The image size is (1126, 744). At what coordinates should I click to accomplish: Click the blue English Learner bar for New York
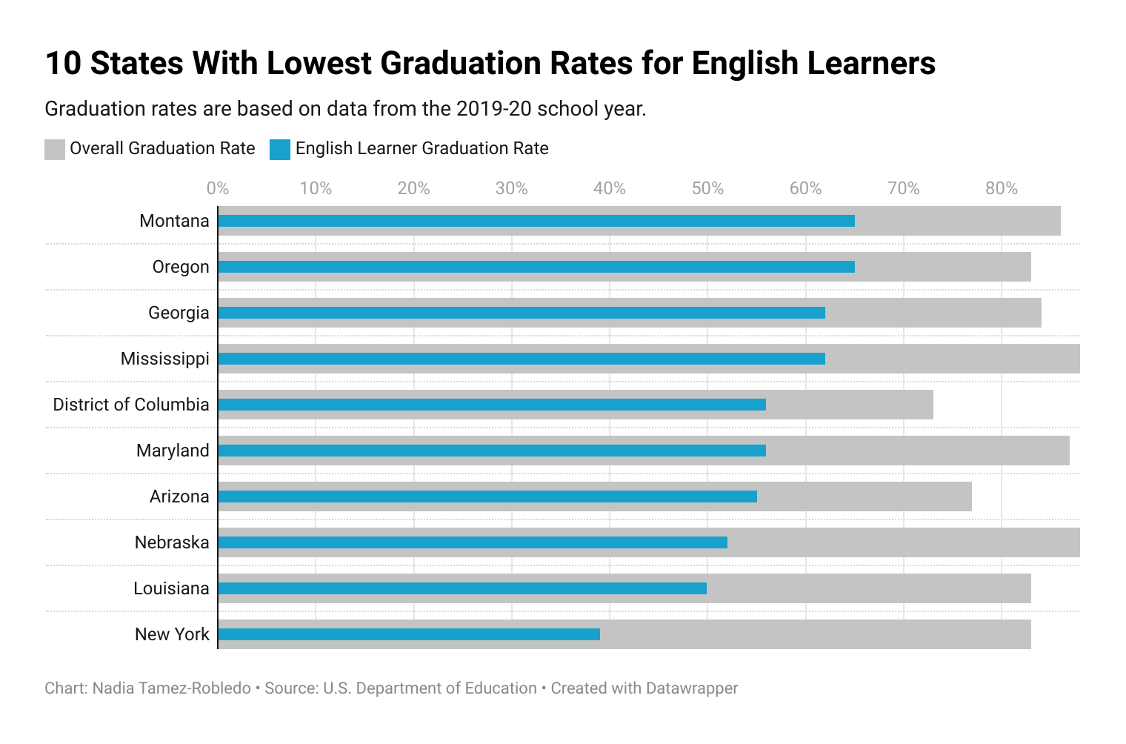[x=409, y=634]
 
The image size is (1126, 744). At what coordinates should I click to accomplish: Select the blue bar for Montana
[x=536, y=221]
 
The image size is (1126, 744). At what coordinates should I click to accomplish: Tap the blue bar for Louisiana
[x=462, y=588]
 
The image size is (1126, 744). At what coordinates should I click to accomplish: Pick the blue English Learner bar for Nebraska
[x=473, y=542]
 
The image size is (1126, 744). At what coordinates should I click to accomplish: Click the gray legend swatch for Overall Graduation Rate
[x=55, y=149]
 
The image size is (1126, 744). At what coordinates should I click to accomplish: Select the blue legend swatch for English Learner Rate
[x=280, y=149]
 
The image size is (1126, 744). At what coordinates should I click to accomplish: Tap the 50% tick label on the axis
[x=707, y=188]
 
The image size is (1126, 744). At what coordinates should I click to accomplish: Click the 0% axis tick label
[x=218, y=188]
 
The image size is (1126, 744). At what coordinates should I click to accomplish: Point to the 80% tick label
[x=1002, y=188]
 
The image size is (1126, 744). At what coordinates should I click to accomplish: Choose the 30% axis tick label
[x=511, y=188]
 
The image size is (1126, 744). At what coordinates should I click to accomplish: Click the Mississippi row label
[x=165, y=359]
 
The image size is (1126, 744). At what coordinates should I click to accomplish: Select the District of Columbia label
[x=131, y=405]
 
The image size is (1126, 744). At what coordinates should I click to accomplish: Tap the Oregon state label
[x=181, y=267]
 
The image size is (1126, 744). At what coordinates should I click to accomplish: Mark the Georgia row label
[x=179, y=313]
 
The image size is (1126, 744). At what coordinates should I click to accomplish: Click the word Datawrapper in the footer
[x=691, y=688]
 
